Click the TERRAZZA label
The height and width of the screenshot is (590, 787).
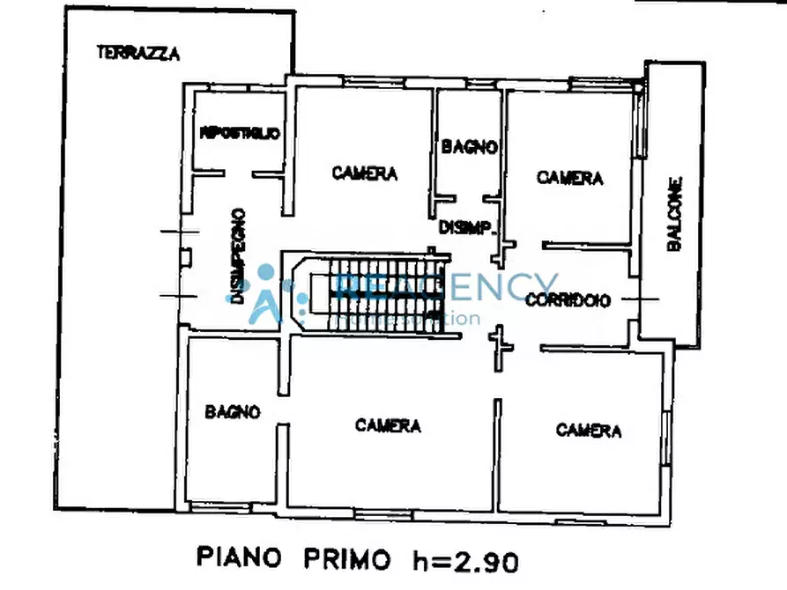coord(138,53)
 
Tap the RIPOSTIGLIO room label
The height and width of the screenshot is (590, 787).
coord(240,134)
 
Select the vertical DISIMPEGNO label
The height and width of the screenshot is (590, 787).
coord(237,255)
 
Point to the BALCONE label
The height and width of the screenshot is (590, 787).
coord(674,216)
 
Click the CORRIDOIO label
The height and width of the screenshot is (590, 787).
coord(568,300)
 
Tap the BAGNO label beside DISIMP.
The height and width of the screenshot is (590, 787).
coord(470,147)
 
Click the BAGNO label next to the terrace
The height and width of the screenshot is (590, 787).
coord(233,411)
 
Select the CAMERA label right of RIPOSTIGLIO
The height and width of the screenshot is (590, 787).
coord(364,173)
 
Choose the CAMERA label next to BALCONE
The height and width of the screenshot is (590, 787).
coord(569,178)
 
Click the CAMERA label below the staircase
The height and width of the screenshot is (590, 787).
coord(388,426)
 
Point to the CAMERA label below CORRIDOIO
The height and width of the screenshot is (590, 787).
coord(588,431)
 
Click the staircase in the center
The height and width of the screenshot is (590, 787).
coord(377,294)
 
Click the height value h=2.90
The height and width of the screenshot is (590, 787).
coord(464,558)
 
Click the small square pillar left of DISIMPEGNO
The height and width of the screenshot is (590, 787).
coord(186,257)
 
